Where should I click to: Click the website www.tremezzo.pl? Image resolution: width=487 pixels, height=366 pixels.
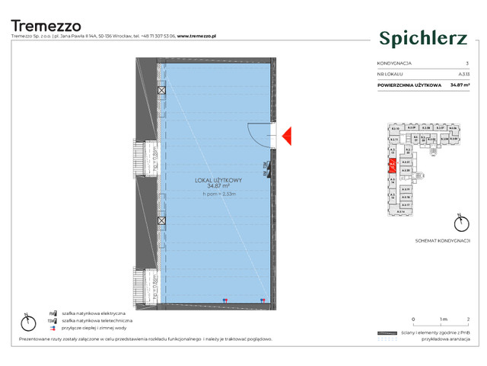(199, 36)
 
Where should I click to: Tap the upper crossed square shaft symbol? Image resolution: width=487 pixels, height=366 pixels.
(161, 91)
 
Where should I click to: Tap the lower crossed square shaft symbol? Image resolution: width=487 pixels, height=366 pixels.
(161, 221)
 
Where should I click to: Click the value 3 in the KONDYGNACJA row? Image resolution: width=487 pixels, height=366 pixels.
(467, 63)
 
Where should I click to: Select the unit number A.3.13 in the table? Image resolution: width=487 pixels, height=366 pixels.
(463, 74)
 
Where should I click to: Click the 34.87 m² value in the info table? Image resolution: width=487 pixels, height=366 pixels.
(459, 85)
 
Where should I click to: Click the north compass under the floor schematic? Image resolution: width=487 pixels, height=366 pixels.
(458, 223)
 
